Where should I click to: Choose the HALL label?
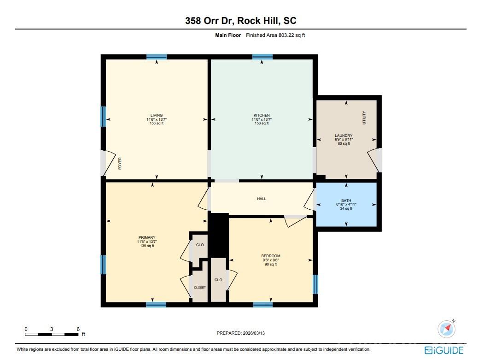(x=262, y=199)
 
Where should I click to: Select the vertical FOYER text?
(x=120, y=164)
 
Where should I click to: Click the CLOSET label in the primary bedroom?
(x=200, y=287)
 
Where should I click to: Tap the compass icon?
(x=446, y=329)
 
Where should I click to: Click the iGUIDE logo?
(x=445, y=350)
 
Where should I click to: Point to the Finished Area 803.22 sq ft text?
(x=275, y=35)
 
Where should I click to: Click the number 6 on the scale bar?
(x=78, y=329)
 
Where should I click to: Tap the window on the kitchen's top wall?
(x=262, y=57)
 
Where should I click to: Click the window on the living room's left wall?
(x=103, y=117)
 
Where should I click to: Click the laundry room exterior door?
(x=374, y=159)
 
